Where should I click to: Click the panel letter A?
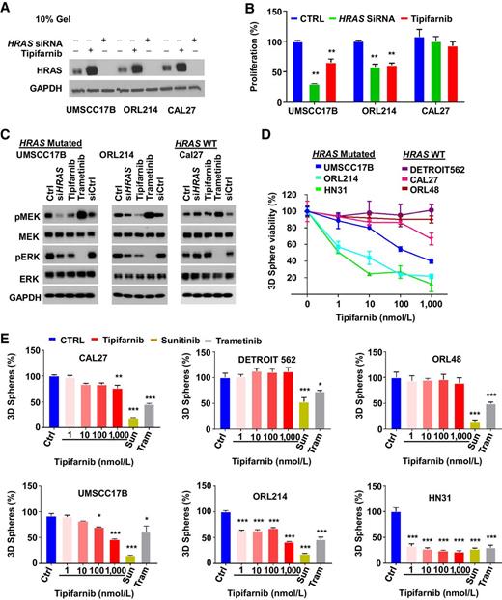(x=7, y=8)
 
